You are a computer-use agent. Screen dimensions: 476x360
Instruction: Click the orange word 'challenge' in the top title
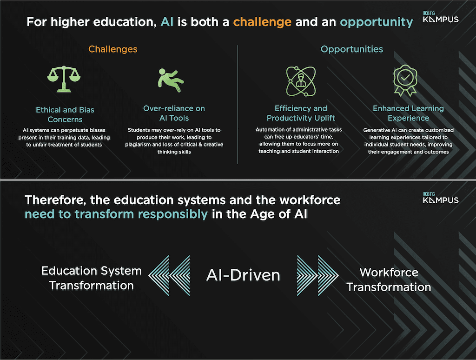click(x=262, y=22)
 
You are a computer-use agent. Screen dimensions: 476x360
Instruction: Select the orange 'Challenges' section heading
click(x=113, y=49)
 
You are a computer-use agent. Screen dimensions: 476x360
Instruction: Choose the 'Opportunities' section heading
click(x=352, y=49)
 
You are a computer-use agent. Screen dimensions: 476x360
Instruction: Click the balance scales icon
click(x=64, y=79)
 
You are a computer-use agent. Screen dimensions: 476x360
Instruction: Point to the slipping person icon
click(x=171, y=80)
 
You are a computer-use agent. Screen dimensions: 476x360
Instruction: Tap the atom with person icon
click(x=301, y=81)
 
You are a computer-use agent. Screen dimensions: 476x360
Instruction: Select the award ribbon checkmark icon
click(x=405, y=80)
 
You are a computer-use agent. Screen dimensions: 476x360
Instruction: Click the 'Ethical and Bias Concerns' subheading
click(x=65, y=114)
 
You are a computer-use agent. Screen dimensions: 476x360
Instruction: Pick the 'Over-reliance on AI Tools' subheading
click(x=174, y=113)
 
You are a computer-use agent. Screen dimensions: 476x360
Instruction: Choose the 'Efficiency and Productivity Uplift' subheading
click(x=301, y=113)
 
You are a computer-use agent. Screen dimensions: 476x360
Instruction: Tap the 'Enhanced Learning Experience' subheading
click(x=408, y=113)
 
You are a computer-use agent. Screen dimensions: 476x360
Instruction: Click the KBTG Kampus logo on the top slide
click(x=441, y=17)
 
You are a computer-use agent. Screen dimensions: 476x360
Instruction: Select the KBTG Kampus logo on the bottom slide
click(x=441, y=198)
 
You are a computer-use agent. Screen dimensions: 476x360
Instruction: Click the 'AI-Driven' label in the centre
click(x=243, y=275)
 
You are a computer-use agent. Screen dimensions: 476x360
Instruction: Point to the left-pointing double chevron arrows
click(x=169, y=275)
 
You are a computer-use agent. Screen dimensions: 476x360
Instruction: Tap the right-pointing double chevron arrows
click(x=317, y=275)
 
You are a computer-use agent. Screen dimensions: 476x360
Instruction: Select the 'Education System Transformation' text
click(x=92, y=278)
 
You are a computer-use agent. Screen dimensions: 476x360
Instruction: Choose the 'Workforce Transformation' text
click(x=389, y=280)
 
